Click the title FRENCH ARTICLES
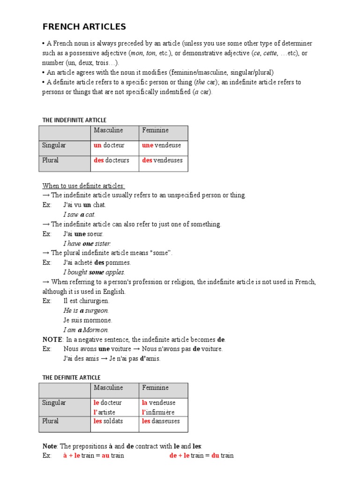[x=84, y=26]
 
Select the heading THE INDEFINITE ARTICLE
[x=74, y=120]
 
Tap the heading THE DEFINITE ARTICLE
[x=71, y=377]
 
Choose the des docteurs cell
[x=111, y=160]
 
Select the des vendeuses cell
[x=162, y=160]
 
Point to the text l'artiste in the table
[x=104, y=412]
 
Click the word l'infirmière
[x=158, y=412]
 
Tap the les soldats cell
[x=108, y=421]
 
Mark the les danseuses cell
[x=160, y=421]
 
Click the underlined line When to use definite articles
[x=83, y=186]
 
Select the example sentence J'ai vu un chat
[x=85, y=205]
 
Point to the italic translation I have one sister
[x=87, y=243]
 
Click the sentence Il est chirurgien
[x=86, y=301]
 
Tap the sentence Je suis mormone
[x=88, y=320]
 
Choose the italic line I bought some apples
[x=94, y=272]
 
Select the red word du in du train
[x=215, y=455]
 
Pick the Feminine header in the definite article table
[x=155, y=388]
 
